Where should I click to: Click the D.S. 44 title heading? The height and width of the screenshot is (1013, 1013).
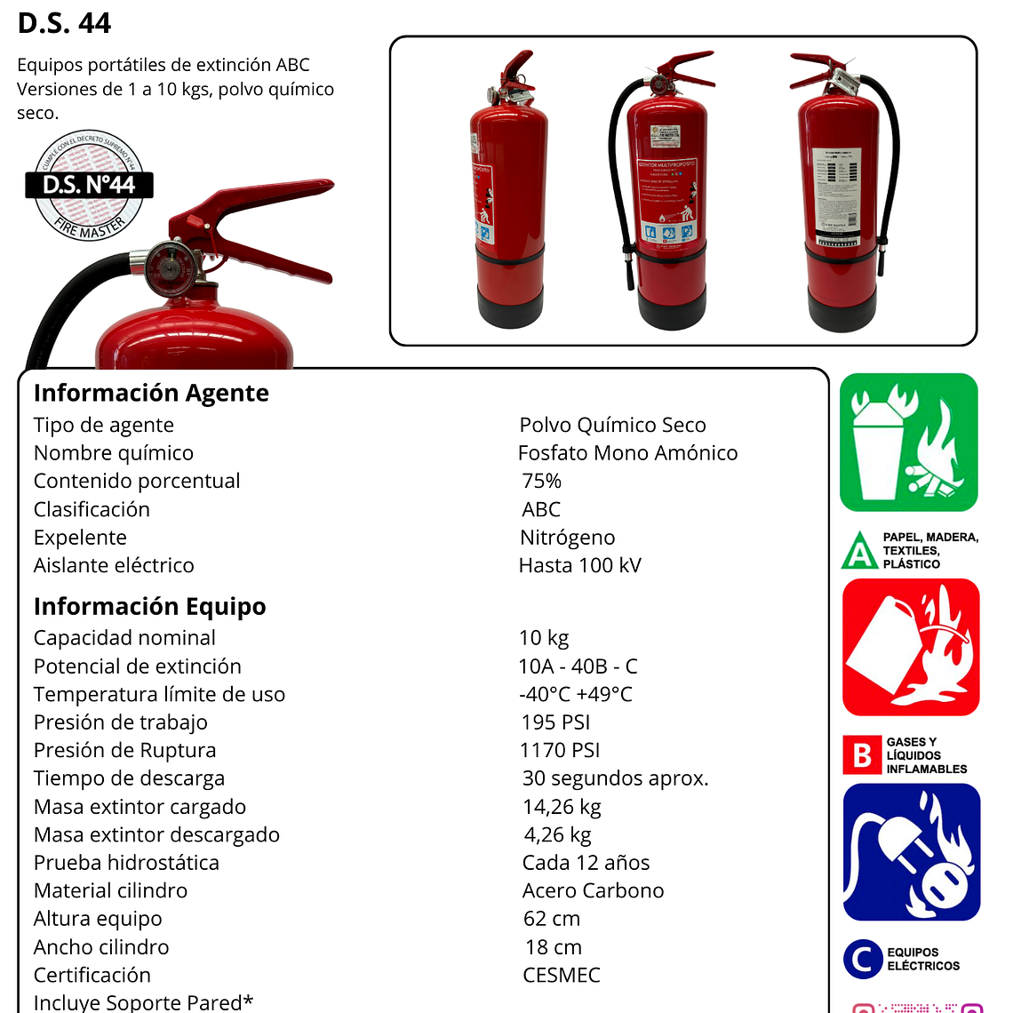tap(64, 23)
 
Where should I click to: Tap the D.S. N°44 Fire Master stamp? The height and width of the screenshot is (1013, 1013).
tap(89, 186)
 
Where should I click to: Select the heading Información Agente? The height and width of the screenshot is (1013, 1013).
tap(151, 393)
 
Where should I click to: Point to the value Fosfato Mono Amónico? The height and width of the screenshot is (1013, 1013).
tap(627, 453)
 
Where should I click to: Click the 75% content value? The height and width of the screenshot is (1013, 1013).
tap(541, 481)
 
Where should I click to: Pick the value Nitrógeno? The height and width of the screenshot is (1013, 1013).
tap(567, 538)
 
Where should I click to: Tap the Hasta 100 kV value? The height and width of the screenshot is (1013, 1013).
tap(579, 565)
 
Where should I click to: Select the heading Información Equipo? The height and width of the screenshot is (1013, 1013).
tap(149, 606)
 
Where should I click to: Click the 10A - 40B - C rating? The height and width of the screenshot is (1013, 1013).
tap(578, 666)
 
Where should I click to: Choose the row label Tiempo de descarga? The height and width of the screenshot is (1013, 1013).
tap(129, 778)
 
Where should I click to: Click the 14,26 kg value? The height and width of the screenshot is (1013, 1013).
tap(562, 807)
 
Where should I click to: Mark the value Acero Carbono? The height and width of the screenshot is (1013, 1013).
tap(593, 890)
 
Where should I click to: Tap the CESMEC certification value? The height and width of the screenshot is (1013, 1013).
tap(562, 975)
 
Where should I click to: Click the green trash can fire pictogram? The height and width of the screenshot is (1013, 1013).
tap(908, 443)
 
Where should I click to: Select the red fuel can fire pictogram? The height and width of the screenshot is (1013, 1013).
tap(910, 647)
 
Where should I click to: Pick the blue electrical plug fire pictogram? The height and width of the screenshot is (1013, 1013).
tap(911, 852)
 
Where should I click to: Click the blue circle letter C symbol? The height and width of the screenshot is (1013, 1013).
tap(861, 959)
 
